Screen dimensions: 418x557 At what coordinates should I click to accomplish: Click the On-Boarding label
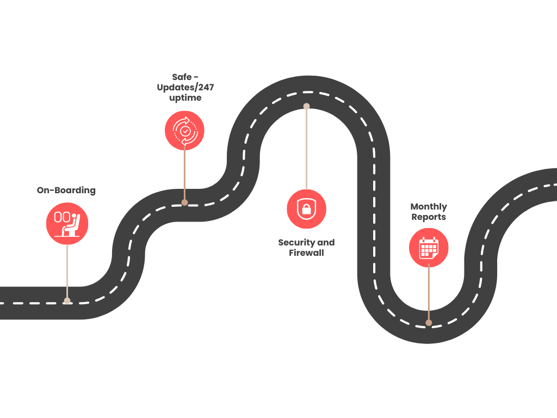[x=66, y=190]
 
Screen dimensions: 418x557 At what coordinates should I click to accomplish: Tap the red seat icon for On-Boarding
[x=67, y=224]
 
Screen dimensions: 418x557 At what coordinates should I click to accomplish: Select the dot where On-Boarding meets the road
[x=67, y=300]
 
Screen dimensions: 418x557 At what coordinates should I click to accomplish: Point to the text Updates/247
[x=185, y=87]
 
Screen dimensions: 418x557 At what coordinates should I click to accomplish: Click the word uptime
[x=185, y=98]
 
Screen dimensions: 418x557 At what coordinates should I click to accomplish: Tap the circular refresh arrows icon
[x=184, y=131]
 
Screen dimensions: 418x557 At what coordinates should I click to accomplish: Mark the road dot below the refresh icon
[x=184, y=202]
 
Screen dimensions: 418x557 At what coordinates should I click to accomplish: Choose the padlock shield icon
[x=306, y=209]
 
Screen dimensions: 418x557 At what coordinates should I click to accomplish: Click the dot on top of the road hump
[x=306, y=106]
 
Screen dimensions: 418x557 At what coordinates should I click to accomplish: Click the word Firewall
[x=306, y=253]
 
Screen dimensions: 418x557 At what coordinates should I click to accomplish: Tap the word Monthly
[x=429, y=206]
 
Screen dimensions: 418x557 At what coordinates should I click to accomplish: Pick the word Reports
[x=429, y=217]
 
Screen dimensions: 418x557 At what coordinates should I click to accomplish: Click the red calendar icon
[x=429, y=248]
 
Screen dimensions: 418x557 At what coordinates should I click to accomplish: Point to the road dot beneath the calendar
[x=429, y=323]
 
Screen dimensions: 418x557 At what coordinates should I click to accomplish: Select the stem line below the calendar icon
[x=429, y=294]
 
